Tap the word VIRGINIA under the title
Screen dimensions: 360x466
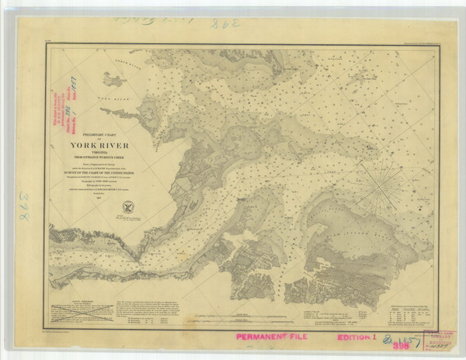click(x=110, y=153)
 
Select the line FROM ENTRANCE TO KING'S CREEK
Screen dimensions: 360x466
click(x=110, y=159)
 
